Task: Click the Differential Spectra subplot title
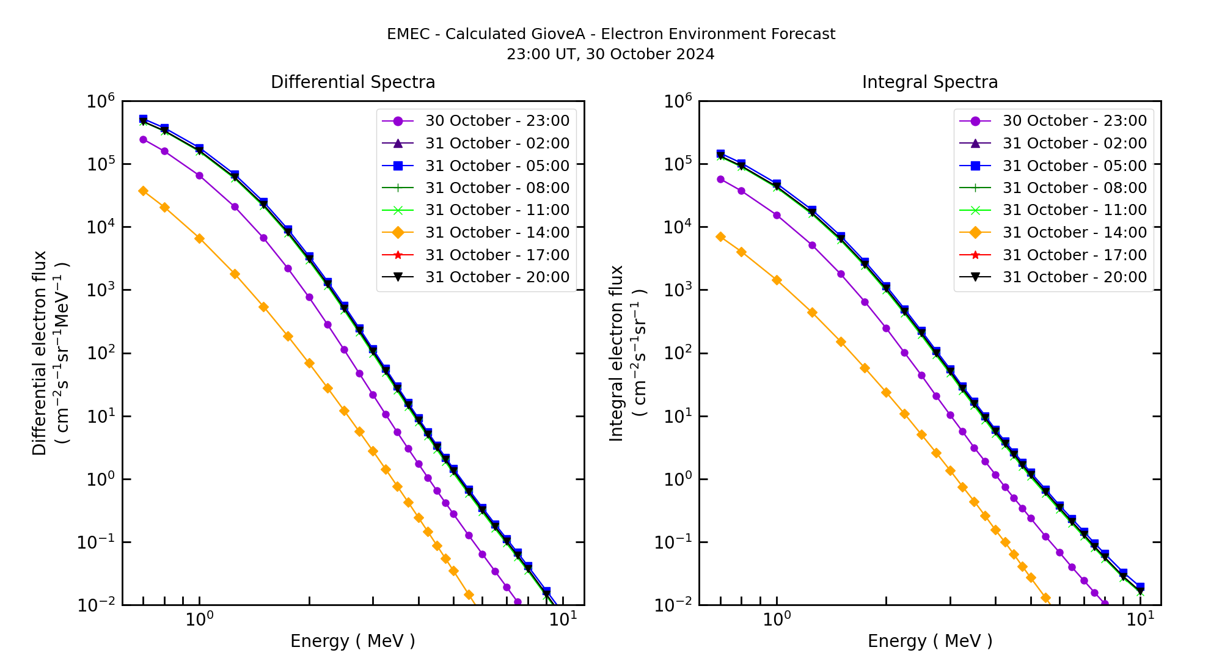353,82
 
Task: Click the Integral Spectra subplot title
929,82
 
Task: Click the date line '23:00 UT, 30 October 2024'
610,54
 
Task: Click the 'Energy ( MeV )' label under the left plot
353,641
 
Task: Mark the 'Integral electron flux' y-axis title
616,353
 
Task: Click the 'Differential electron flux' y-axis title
40,353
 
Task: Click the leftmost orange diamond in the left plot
143,191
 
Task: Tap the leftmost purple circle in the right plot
720,180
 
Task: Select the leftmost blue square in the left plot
143,119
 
